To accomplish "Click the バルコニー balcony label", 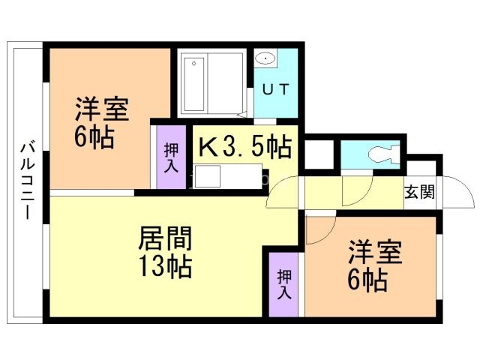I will click(x=25, y=180).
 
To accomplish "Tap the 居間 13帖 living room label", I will click(x=165, y=251).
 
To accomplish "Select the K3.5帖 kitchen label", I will click(x=244, y=146).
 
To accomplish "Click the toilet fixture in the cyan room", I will click(x=379, y=154).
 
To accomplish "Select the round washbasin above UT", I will click(x=265, y=58).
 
